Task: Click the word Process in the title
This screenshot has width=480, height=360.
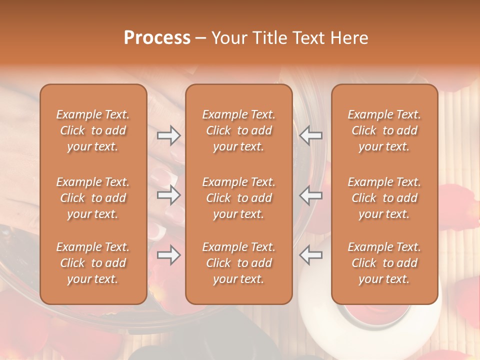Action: [x=157, y=38]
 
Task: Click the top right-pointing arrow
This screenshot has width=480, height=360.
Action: [x=168, y=135]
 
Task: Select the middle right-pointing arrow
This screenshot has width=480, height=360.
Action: [x=168, y=195]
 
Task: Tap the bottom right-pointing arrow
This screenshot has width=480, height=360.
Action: [x=168, y=255]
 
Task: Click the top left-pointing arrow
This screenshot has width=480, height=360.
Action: [x=310, y=135]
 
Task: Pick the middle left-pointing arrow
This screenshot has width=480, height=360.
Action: [x=310, y=195]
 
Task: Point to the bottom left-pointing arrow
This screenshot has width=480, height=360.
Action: [x=310, y=255]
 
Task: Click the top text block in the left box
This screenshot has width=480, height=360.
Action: [x=93, y=130]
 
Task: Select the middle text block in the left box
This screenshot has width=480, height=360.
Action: [x=93, y=198]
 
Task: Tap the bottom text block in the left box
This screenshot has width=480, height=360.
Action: [x=93, y=263]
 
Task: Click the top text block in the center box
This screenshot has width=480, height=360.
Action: [x=238, y=130]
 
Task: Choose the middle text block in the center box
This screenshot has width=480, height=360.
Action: [x=238, y=198]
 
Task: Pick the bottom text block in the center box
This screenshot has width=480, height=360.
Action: [x=238, y=263]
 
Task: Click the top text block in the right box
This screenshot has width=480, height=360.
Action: [x=384, y=130]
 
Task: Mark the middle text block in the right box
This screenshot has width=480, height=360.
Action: [x=384, y=198]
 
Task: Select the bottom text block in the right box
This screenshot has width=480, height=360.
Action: [x=384, y=263]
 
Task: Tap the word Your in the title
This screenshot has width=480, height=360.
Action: [x=228, y=38]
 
